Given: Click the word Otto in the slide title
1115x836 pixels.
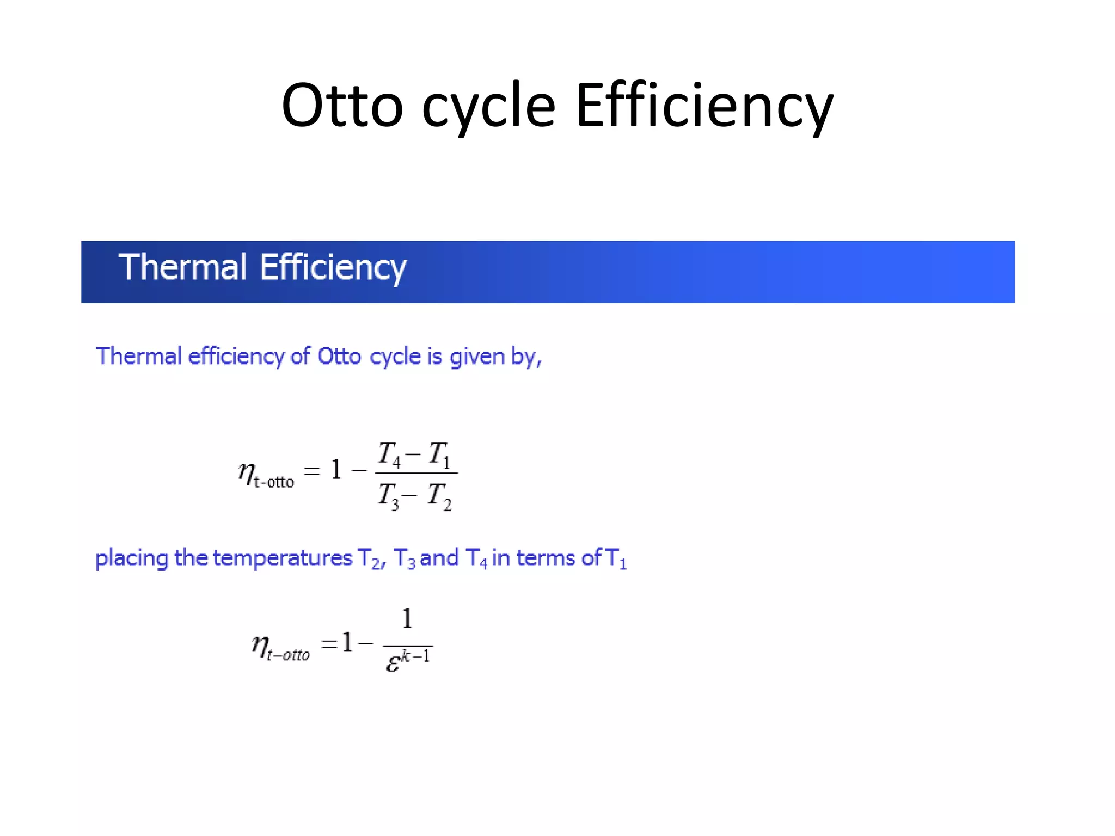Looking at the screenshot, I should [x=342, y=105].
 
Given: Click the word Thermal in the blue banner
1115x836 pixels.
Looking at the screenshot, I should [x=182, y=267].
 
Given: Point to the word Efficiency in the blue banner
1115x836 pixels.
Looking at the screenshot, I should [x=333, y=268].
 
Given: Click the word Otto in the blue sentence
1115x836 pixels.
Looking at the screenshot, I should [x=339, y=356].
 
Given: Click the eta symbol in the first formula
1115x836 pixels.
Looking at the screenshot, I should [x=247, y=471].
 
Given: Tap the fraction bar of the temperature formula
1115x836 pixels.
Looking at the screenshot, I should [x=416, y=473].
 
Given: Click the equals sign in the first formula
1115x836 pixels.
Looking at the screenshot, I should [x=311, y=471].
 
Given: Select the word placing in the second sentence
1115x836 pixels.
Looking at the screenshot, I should [x=132, y=559].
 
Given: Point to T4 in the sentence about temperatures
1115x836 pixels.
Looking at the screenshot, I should [x=476, y=559].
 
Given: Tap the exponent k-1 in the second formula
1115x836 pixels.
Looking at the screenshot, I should [x=416, y=655].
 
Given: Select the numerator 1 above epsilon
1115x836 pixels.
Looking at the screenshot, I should [x=407, y=619].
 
